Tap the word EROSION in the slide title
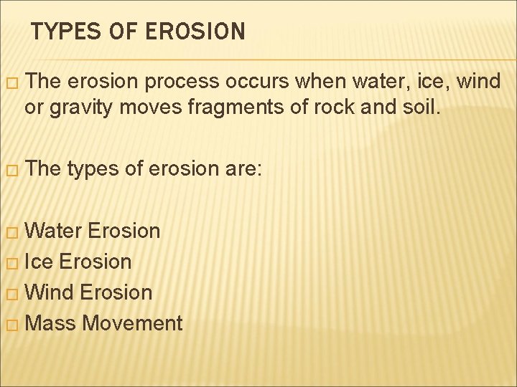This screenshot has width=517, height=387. coord(195,32)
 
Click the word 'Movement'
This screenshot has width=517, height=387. coord(132,323)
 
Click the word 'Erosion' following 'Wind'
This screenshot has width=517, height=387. coord(117,292)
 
